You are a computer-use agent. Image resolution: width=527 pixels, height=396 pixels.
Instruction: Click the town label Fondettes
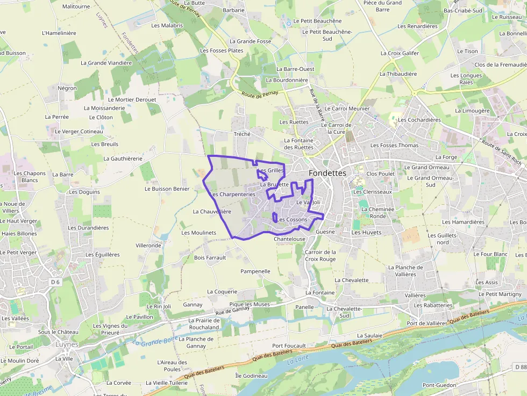pyautogui.click(x=327, y=173)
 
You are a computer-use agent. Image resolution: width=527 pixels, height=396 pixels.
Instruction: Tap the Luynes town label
pyautogui.click(x=67, y=344)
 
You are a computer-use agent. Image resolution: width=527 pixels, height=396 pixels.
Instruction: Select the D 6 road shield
pyautogui.click(x=55, y=282)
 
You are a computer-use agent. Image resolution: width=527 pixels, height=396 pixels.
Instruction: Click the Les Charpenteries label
pyautogui.click(x=232, y=194)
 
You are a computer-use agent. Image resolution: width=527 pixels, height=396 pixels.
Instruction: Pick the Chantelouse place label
pyautogui.click(x=289, y=239)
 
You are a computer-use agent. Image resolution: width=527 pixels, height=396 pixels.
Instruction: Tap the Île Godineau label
pyautogui.click(x=251, y=376)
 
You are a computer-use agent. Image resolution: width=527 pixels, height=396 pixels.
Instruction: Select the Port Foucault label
pyautogui.click(x=289, y=345)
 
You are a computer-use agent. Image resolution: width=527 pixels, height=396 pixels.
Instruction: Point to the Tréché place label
pyautogui.click(x=242, y=134)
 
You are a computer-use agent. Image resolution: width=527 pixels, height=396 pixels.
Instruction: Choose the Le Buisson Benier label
pyautogui.click(x=167, y=189)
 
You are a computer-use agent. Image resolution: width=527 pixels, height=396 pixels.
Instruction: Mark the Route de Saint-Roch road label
pyautogui.click(x=501, y=152)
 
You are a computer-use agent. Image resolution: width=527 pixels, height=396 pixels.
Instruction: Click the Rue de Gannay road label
pyautogui.click(x=233, y=311)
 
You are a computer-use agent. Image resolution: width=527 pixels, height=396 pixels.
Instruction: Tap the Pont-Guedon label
pyautogui.click(x=439, y=385)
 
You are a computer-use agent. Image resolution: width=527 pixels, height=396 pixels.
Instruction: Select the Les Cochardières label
pyautogui.click(x=419, y=120)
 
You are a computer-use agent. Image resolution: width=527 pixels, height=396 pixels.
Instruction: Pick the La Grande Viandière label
pyautogui.click(x=106, y=63)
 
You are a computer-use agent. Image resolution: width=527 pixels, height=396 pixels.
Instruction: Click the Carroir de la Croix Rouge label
pyautogui.click(x=320, y=255)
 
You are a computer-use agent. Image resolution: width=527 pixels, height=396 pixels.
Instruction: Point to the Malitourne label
pyautogui.click(x=76, y=6)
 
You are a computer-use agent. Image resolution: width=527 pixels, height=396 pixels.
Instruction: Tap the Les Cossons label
pyautogui.click(x=293, y=219)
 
